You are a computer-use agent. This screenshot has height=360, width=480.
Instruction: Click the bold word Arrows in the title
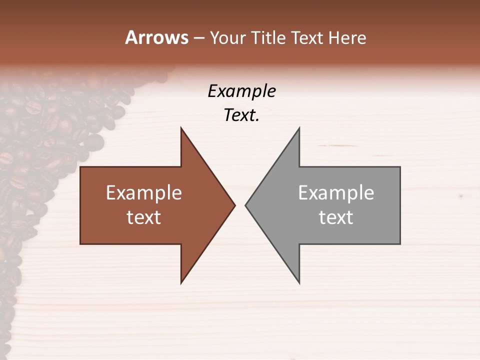(x=156, y=37)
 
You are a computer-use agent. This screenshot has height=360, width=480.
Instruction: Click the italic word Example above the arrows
(x=242, y=91)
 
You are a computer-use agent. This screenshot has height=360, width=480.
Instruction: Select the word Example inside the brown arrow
(x=144, y=193)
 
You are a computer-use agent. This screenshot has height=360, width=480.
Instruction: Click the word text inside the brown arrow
(x=144, y=217)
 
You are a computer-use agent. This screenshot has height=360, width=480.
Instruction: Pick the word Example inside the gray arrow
(x=336, y=193)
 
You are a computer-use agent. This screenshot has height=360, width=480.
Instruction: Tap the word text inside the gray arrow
(x=336, y=217)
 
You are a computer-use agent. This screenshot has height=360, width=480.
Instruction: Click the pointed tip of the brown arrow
(x=234, y=205)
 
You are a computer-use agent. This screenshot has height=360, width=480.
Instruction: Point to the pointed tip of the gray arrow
(x=246, y=205)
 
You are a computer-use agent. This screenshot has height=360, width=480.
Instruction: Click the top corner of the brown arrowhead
(x=181, y=128)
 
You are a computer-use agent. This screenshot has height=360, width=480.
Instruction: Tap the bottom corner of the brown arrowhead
(x=181, y=283)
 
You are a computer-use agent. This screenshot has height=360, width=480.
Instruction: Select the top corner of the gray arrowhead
(x=299, y=128)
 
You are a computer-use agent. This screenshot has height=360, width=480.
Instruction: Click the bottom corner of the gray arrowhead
(x=299, y=283)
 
